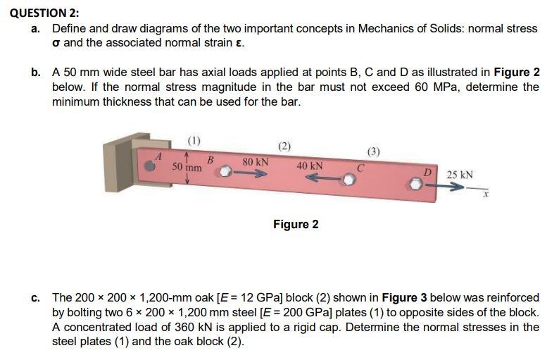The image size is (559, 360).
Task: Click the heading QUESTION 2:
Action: [x=40, y=12]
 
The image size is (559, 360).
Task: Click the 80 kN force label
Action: [x=255, y=161]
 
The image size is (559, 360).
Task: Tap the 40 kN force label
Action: [x=310, y=166]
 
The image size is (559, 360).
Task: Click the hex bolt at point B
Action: [x=224, y=171]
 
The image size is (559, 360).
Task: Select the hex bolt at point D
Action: [x=417, y=185]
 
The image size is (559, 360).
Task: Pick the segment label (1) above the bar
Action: [x=193, y=138]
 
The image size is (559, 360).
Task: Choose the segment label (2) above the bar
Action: [x=284, y=146]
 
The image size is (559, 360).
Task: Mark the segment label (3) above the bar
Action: [x=374, y=151]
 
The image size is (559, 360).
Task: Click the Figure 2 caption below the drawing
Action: [x=296, y=224]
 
